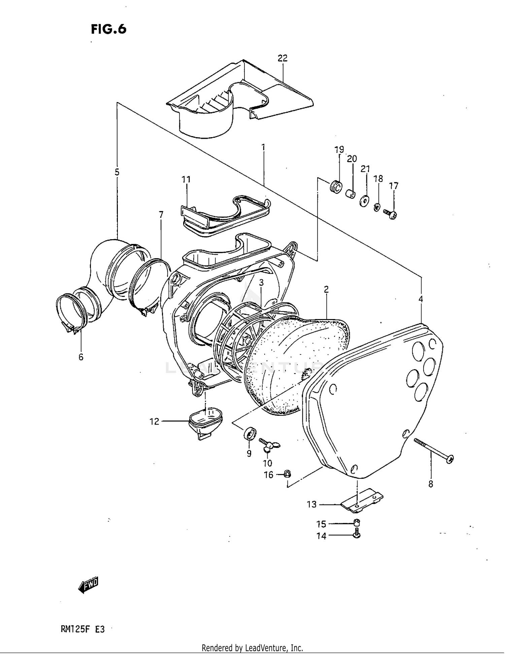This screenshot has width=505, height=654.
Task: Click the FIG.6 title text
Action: click(108, 29)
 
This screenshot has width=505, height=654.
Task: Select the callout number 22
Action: click(282, 58)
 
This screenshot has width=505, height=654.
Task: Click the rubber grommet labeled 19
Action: click(336, 187)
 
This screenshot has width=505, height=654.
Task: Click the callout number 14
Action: click(321, 536)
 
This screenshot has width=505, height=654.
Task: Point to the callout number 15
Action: click(321, 524)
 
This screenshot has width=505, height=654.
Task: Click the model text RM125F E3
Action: click(82, 629)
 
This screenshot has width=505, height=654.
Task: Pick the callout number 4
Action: click(420, 299)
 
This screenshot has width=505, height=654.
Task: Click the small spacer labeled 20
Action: click(350, 194)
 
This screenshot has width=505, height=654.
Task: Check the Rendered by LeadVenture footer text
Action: click(252, 648)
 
